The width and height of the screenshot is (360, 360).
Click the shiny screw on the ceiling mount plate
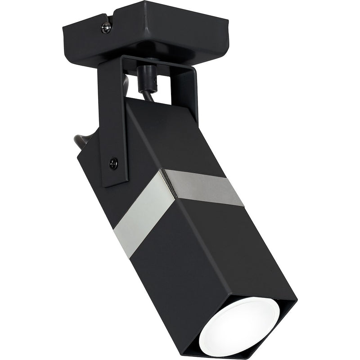106,27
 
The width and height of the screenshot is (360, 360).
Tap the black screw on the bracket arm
114,162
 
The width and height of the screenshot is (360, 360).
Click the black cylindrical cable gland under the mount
146,78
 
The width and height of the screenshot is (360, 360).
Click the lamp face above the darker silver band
180,135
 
